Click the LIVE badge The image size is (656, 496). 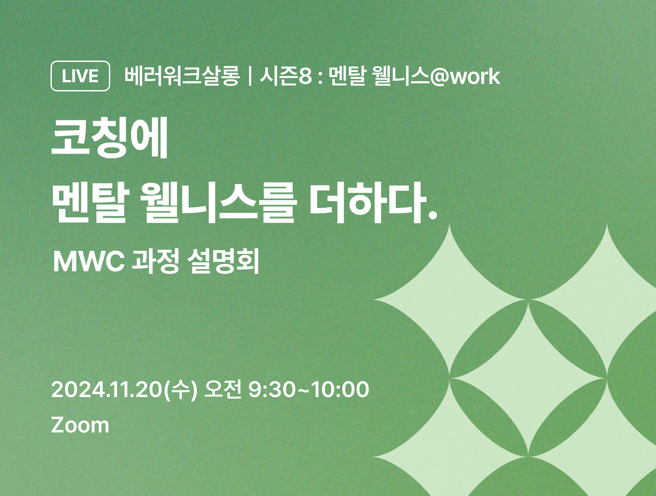click(80, 76)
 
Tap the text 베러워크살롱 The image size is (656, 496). click(182, 76)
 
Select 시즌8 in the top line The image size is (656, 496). click(286, 76)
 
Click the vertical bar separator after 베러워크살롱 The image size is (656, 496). click(250, 76)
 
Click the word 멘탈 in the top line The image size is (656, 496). click(347, 76)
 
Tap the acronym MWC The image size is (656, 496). click(89, 262)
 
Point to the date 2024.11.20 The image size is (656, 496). click(107, 390)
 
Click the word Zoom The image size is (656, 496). click(80, 425)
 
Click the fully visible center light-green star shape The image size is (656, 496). click(528, 378)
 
